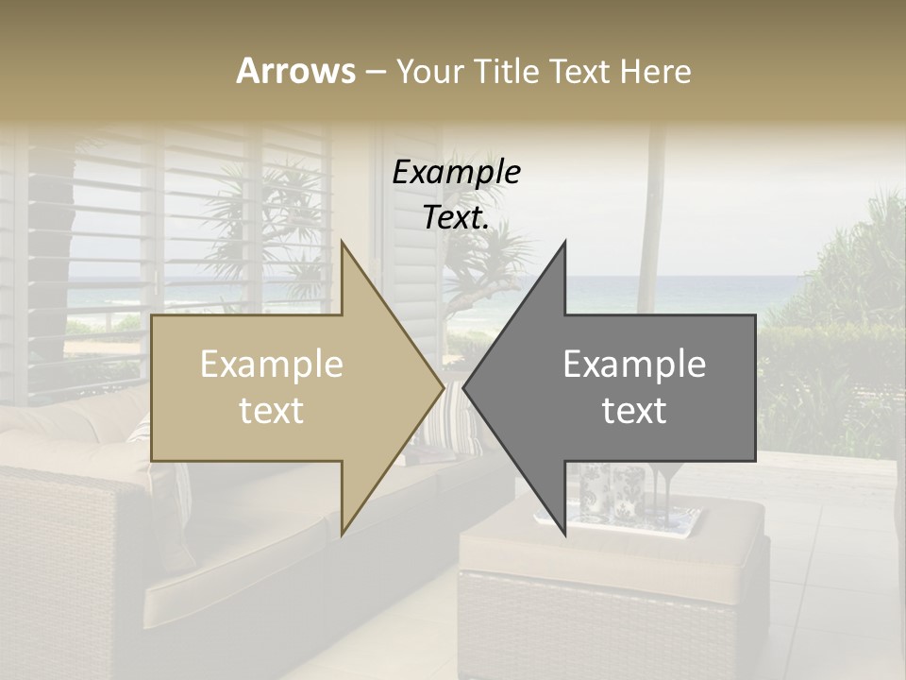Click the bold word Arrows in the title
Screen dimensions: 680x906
[x=295, y=71]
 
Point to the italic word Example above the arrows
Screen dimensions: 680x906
[x=456, y=172]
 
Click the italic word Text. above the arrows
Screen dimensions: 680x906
[x=456, y=217]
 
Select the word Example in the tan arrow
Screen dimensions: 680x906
[x=272, y=365]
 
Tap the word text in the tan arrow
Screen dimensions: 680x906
[x=272, y=411]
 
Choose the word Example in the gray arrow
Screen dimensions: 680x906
[x=634, y=365]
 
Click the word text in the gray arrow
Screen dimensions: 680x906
[x=634, y=411]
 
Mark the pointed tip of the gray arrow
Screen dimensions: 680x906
[x=465, y=387]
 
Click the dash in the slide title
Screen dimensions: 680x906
[x=375, y=72]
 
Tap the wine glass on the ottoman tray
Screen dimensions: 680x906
[x=666, y=491]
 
